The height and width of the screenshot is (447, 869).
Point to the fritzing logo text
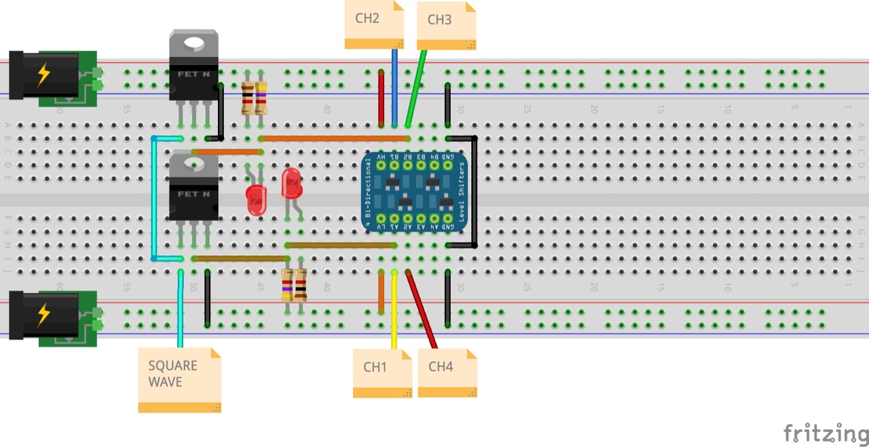tap(825, 433)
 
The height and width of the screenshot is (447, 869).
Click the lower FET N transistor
tap(193, 188)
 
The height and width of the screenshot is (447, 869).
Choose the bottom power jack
tap(51, 317)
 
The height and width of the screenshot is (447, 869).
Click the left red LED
tap(257, 201)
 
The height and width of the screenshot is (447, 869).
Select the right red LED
tap(292, 183)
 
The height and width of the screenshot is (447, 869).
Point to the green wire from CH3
tap(415, 88)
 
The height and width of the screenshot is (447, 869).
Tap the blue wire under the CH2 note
tap(394, 88)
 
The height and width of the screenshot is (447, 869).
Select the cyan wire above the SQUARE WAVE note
tap(181, 309)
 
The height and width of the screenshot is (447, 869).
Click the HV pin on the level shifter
tap(382, 165)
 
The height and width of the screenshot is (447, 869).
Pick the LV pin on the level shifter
tap(382, 219)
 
